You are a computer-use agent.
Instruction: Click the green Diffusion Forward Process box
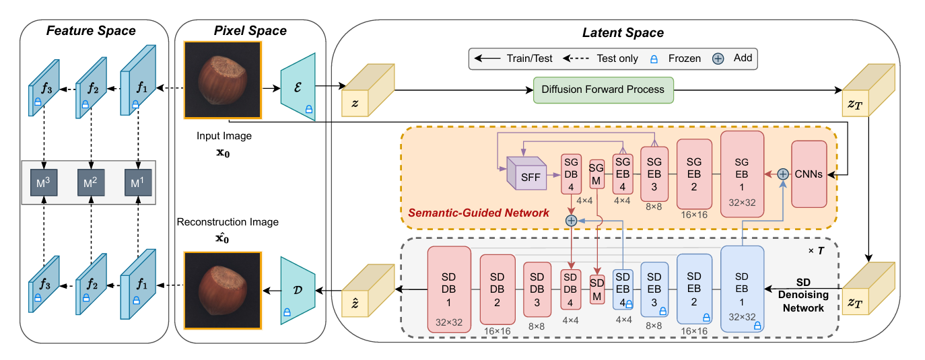[x=603, y=90]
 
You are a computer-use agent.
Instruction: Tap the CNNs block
[x=809, y=174]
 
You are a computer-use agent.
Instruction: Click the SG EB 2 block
[x=694, y=174]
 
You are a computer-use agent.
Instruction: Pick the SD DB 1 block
[x=449, y=289]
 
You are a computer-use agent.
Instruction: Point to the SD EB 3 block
[x=654, y=289]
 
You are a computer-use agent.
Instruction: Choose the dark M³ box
[x=44, y=182]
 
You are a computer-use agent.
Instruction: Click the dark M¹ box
[x=138, y=182]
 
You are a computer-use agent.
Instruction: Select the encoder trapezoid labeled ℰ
[x=298, y=87]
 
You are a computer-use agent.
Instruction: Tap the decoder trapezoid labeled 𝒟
[x=298, y=291]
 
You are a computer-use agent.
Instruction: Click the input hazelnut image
[x=223, y=80]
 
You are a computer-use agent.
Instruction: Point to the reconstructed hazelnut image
[x=223, y=291]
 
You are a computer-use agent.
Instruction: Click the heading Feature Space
[x=91, y=30]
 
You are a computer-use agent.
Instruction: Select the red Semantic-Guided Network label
[x=478, y=213]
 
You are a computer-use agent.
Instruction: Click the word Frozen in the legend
[x=684, y=59]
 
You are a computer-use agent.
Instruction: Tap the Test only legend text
[x=617, y=59]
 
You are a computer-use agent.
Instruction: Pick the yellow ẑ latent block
[x=368, y=291]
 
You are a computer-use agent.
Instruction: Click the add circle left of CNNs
[x=782, y=174]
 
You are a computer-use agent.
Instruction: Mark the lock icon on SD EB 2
[x=706, y=318]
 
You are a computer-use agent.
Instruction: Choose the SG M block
[x=596, y=174]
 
